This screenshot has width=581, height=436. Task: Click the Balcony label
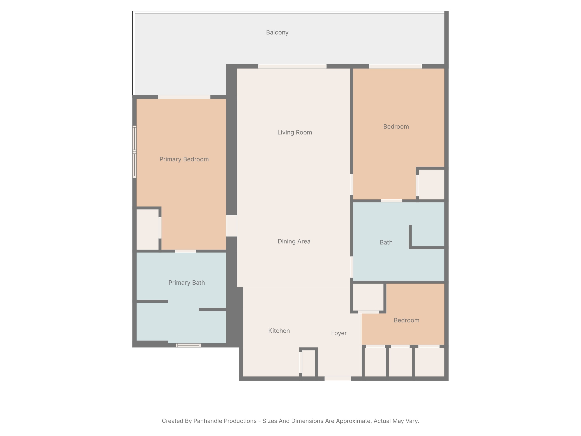(x=277, y=32)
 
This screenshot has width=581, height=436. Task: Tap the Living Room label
(x=295, y=132)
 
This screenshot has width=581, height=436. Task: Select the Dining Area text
(x=294, y=241)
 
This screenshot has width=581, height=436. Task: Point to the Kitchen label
(x=279, y=331)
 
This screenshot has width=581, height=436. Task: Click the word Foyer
(x=339, y=333)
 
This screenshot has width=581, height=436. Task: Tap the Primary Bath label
(x=187, y=283)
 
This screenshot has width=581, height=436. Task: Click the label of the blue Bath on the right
(x=386, y=242)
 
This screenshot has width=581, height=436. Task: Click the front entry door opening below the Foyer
(x=338, y=378)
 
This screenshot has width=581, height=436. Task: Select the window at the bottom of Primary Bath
(x=188, y=345)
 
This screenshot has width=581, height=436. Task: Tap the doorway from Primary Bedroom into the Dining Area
(x=231, y=226)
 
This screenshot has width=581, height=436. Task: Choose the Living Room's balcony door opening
(x=292, y=66)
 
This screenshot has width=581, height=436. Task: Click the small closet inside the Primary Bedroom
(x=147, y=229)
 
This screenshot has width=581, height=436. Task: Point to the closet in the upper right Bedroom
(x=431, y=184)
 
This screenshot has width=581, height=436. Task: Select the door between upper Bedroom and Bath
(x=392, y=201)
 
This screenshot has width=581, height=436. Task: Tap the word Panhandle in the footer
(x=225, y=421)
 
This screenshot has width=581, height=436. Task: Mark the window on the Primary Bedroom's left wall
(x=134, y=152)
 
